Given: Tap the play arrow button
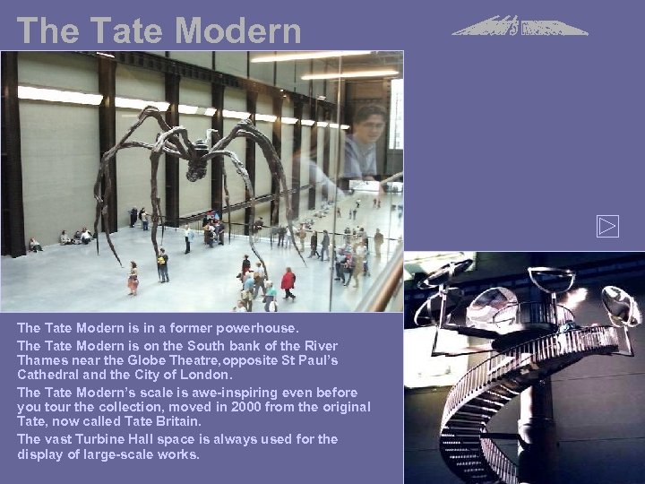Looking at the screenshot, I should (607, 227).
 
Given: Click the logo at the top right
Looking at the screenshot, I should (520, 26).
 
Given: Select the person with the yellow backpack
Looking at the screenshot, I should (162, 264).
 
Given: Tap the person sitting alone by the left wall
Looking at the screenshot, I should (35, 245).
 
